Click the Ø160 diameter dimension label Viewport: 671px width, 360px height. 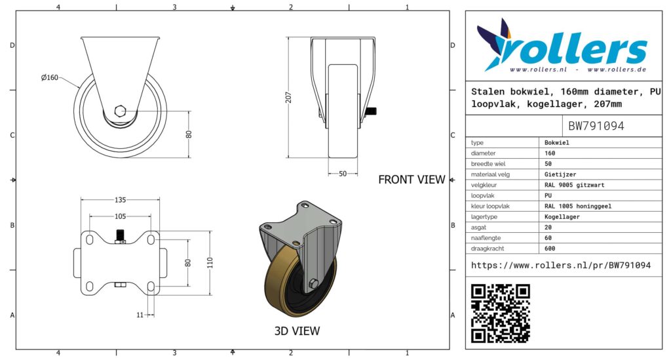click(50, 77)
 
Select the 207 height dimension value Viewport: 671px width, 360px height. click(288, 98)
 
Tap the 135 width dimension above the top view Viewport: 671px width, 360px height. click(121, 200)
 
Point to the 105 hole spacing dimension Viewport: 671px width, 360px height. click(121, 216)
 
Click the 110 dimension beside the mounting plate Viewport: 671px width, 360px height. click(210, 263)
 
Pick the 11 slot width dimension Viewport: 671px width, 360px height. click(140, 315)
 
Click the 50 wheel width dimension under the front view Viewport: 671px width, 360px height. click(343, 174)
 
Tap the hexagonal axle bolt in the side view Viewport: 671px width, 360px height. click(121, 111)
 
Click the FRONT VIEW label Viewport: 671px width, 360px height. click(412, 180)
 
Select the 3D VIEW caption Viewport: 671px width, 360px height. click(297, 331)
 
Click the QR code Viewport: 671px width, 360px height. click(500, 313)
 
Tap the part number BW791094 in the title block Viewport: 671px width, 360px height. click(596, 126)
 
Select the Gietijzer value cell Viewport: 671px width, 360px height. click(560, 174)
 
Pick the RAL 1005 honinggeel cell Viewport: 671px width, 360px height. click(578, 206)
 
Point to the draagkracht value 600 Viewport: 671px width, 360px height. click(550, 249)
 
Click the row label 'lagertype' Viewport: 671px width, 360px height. click(484, 216)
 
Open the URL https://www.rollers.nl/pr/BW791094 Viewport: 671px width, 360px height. click(561, 265)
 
